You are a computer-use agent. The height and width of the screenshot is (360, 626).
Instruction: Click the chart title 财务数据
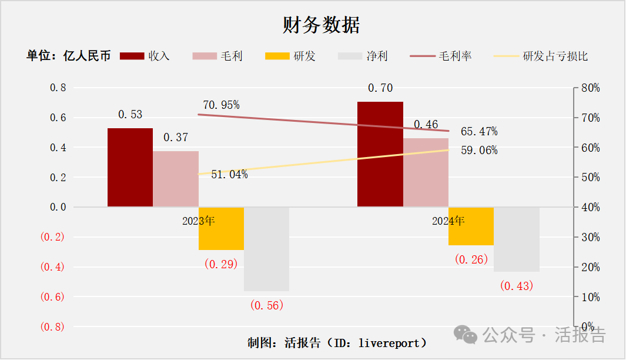pyautogui.click(x=321, y=25)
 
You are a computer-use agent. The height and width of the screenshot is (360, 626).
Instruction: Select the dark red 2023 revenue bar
pyautogui.click(x=130, y=168)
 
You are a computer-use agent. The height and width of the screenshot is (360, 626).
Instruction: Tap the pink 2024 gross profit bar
pyautogui.click(x=426, y=172)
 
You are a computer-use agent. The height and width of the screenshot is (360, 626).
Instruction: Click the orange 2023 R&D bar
pyautogui.click(x=221, y=228)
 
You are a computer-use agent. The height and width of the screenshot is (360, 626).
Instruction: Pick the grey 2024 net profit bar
pyautogui.click(x=517, y=239)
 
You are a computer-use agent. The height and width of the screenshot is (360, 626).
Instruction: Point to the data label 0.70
pyautogui.click(x=380, y=88)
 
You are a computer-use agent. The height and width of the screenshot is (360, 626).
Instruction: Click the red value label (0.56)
pyautogui.click(x=267, y=305)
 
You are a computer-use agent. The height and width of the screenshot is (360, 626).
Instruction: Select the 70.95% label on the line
pyautogui.click(x=221, y=105)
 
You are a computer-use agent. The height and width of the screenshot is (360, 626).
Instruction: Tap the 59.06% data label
pyautogui.click(x=479, y=151)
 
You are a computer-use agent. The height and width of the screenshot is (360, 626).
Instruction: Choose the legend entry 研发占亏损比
pyautogui.click(x=555, y=56)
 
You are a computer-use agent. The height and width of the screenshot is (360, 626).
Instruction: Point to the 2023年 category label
pyautogui.click(x=199, y=221)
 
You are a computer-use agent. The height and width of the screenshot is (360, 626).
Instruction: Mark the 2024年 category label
pyautogui.click(x=448, y=221)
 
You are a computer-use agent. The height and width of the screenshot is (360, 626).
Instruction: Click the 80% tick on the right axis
pyautogui.click(x=590, y=88)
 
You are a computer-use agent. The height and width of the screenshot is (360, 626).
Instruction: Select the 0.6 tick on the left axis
pyautogui.click(x=58, y=118)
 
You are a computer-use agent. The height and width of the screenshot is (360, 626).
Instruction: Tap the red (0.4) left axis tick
pyautogui.click(x=52, y=267)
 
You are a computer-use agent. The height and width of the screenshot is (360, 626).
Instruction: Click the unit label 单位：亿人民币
pyautogui.click(x=68, y=56)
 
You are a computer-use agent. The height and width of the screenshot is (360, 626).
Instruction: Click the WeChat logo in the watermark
pyautogui.click(x=470, y=336)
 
